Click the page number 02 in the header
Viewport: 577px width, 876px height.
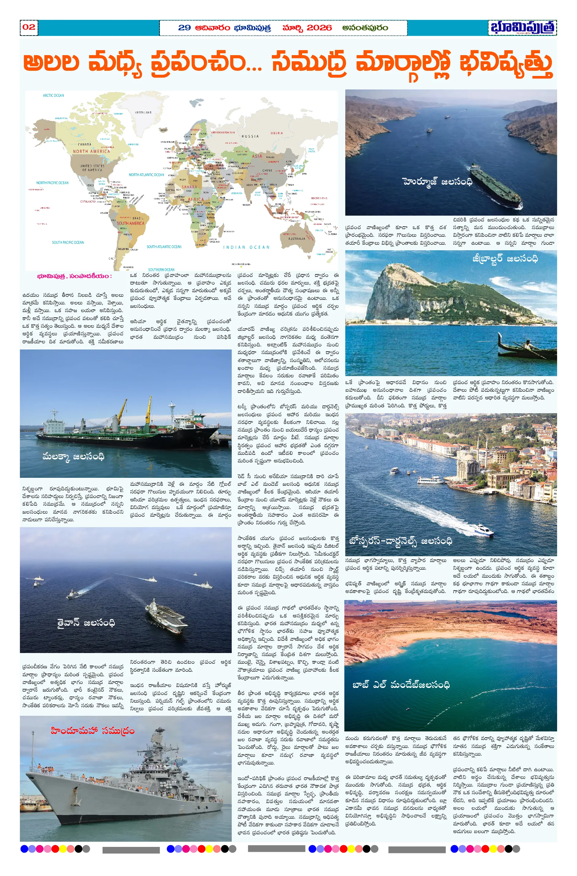(x=29, y=27)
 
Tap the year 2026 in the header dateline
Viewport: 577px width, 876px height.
(x=319, y=28)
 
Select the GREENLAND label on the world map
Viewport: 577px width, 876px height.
(x=143, y=112)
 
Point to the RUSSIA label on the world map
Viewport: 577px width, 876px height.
(x=250, y=136)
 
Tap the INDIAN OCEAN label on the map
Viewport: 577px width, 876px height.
(x=246, y=247)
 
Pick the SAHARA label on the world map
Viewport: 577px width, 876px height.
(x=189, y=187)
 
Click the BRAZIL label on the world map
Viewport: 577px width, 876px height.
(x=138, y=218)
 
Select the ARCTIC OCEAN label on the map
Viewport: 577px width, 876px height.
(x=53, y=95)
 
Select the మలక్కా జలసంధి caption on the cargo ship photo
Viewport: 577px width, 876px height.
(x=73, y=457)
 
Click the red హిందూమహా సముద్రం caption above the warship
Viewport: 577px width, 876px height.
(x=92, y=731)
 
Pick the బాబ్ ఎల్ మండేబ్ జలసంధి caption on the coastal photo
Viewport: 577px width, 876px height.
(x=401, y=685)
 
